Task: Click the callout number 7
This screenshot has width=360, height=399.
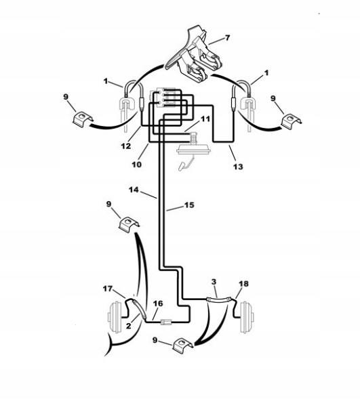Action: pyautogui.click(x=227, y=38)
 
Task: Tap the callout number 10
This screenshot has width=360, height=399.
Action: pyautogui.click(x=136, y=165)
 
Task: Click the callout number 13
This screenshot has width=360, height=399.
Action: pyautogui.click(x=237, y=166)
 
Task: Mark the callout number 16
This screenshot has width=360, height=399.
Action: pyautogui.click(x=157, y=303)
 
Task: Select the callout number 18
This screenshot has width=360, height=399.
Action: pyautogui.click(x=244, y=283)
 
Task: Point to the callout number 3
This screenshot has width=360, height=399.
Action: pyautogui.click(x=214, y=280)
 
